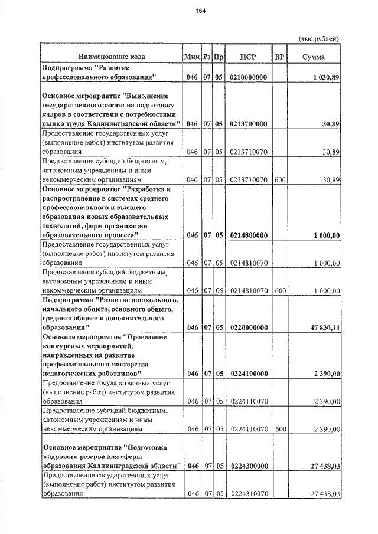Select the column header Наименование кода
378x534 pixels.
point(111,57)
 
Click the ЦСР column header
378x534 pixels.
point(248,57)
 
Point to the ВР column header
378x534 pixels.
point(280,57)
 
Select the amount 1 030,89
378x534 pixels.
point(325,77)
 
